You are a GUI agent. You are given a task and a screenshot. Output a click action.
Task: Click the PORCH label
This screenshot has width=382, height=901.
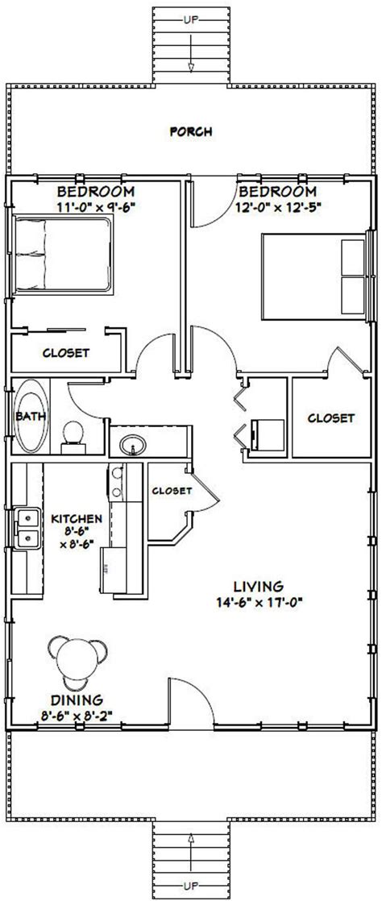191,131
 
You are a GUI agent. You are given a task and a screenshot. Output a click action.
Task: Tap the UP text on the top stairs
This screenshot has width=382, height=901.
191,20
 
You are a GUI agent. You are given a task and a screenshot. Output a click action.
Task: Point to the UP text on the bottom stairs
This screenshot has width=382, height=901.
191,880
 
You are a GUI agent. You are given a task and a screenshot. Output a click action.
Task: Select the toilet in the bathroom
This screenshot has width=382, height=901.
73,435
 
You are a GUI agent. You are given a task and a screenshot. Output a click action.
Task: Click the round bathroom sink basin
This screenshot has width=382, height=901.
133,443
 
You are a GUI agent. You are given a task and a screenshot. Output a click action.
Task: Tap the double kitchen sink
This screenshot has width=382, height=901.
27,529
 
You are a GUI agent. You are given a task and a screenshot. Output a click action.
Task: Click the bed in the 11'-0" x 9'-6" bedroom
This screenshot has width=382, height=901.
61,255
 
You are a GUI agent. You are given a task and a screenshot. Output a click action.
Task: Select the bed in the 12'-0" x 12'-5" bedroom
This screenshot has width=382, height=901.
315,276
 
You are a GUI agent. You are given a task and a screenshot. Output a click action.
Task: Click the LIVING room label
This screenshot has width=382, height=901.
258,586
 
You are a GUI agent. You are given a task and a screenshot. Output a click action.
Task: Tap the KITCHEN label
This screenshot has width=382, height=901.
77,519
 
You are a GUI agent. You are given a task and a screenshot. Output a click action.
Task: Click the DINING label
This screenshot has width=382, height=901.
77,700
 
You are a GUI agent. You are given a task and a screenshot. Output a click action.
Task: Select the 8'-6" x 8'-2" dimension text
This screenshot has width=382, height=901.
77,716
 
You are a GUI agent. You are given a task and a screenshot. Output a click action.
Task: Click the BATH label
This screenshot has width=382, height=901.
27,416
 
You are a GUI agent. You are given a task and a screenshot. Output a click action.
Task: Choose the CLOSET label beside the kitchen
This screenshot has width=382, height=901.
172,491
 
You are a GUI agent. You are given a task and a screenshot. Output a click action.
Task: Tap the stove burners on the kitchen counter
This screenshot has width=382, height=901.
117,482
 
